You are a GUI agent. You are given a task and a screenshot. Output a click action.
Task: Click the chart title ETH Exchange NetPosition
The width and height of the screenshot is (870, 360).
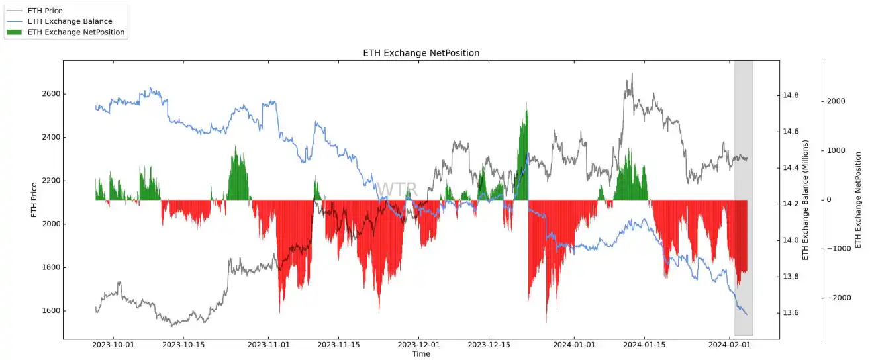(421, 53)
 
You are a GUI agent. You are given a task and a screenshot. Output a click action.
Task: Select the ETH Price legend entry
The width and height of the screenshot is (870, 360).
(45, 11)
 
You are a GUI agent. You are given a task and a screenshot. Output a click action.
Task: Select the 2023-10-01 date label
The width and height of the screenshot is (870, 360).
(113, 345)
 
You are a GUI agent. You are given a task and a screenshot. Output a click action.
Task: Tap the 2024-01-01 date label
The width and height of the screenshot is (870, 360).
(573, 345)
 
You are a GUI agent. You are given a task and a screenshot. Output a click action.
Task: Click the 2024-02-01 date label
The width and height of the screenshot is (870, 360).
(730, 345)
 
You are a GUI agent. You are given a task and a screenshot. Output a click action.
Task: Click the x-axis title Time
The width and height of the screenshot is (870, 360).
(421, 354)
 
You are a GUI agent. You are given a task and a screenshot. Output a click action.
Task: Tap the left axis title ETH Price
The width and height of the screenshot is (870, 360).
(34, 199)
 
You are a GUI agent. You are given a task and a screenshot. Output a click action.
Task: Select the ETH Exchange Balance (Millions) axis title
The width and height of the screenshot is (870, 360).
(806, 199)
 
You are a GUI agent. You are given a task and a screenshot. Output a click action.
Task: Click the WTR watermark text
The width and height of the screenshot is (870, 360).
(397, 190)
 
